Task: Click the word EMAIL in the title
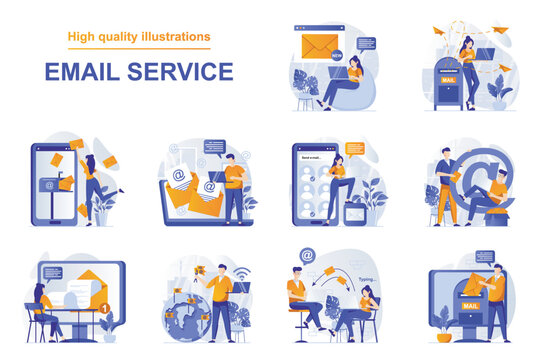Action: click(x=80, y=72)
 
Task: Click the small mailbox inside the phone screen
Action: click(x=49, y=184)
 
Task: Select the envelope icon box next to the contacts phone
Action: click(x=355, y=212)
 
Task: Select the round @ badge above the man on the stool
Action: click(x=307, y=255)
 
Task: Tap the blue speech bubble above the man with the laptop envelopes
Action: click(x=214, y=146)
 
